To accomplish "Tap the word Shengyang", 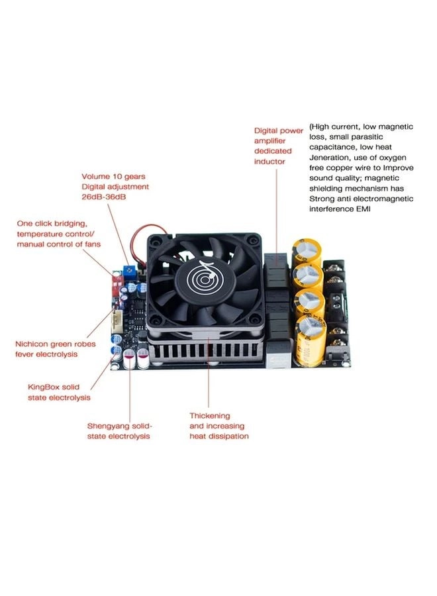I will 109,426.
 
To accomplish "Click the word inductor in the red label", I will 269,162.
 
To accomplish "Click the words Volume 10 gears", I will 113,177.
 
